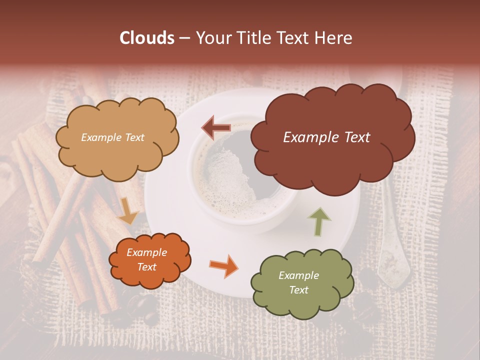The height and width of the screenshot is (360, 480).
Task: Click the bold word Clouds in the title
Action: [147, 38]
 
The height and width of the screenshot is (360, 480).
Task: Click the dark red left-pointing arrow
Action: [216, 127]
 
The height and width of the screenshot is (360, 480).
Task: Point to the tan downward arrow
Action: [128, 210]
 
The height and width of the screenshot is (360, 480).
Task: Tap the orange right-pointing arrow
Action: [224, 265]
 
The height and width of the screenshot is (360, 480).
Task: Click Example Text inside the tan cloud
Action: [112, 137]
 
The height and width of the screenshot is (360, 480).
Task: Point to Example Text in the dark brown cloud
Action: [326, 137]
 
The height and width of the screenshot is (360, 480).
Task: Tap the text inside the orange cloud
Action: [146, 260]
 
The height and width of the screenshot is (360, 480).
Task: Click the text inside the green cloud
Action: [298, 282]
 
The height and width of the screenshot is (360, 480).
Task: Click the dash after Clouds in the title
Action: [184, 38]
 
